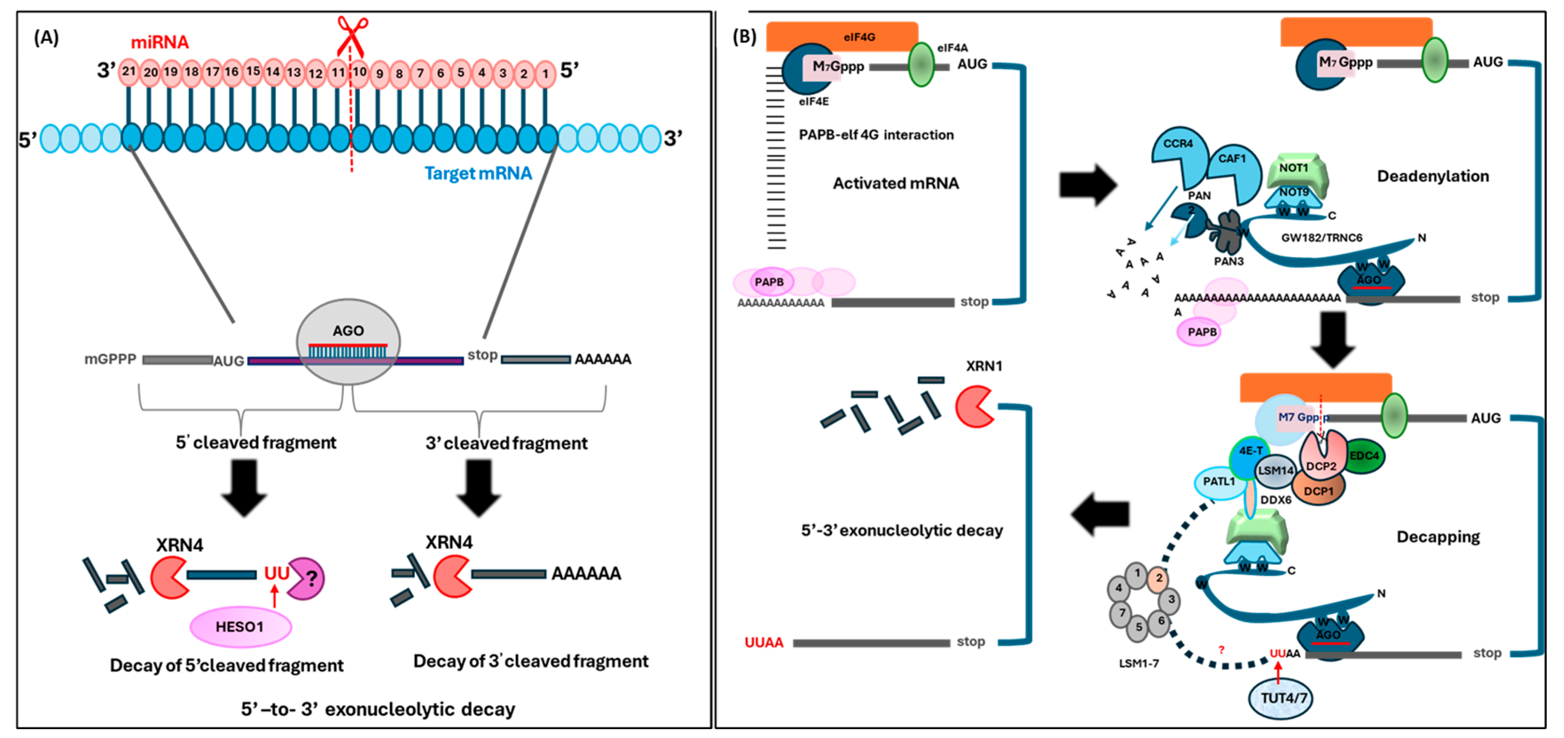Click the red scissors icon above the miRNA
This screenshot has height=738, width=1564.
(x=352, y=35)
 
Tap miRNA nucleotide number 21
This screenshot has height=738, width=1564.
(x=128, y=72)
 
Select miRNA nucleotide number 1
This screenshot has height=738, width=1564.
(x=545, y=74)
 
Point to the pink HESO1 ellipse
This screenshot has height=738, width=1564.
(x=240, y=626)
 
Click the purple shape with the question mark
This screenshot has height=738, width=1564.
(x=307, y=578)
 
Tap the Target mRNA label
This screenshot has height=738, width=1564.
(x=478, y=174)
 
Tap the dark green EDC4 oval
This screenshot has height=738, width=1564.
(x=1364, y=456)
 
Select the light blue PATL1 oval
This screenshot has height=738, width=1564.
(x=1219, y=482)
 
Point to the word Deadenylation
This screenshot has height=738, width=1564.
(x=1432, y=176)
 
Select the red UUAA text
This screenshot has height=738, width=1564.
(x=763, y=643)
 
